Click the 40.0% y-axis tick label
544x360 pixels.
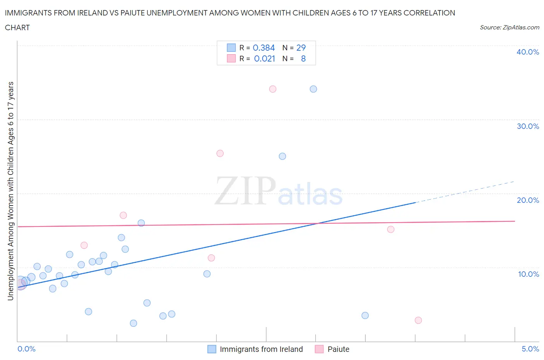528,52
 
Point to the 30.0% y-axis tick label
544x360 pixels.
528,126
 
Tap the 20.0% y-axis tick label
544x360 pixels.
528,200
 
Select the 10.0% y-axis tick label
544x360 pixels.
528,274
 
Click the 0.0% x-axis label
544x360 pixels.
26,349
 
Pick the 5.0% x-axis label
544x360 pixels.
530,349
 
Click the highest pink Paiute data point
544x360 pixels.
273,89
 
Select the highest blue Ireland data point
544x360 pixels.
313,89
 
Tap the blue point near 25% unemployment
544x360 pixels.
282,156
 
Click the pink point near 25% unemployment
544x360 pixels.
220,153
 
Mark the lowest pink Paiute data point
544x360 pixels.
418,320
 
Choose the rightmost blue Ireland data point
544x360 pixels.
365,315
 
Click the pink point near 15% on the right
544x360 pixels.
391,229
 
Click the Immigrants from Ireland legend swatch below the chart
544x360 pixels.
212,349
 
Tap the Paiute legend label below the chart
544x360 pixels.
338,349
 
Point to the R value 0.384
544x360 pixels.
263,48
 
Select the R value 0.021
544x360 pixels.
264,58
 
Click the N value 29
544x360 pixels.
301,48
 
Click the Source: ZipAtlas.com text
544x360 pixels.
509,27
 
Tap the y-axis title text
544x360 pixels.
10,191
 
